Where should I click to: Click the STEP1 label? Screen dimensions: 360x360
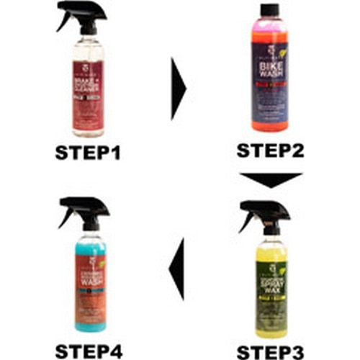[x=88, y=153]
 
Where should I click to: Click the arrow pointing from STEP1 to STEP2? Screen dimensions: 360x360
[x=178, y=89]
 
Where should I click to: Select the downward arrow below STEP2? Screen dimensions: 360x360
[x=271, y=180]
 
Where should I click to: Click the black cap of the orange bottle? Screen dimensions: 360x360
[x=272, y=10]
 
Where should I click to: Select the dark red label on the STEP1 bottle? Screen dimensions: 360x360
[x=89, y=105]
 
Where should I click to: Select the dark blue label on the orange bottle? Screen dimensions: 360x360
[x=272, y=94]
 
